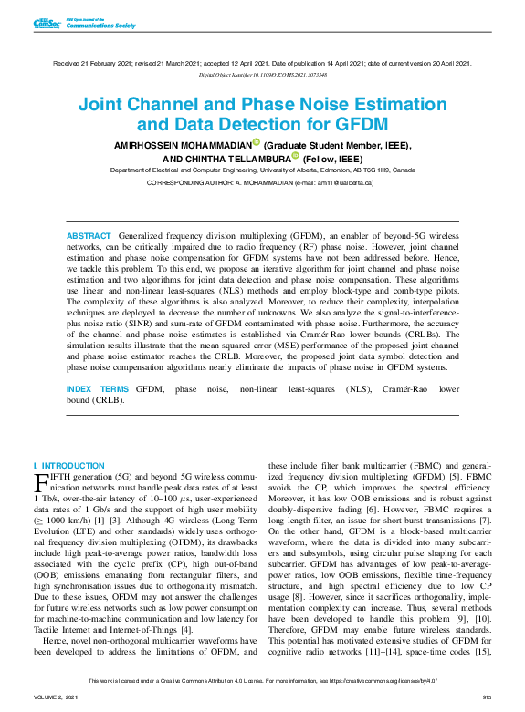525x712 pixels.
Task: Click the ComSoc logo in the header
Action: [45, 24]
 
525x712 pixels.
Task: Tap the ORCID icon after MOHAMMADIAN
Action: [257, 143]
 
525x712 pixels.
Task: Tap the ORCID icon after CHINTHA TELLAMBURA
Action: [295, 156]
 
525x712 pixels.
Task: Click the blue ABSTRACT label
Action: [89, 236]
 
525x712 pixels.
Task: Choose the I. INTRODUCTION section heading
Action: [68, 466]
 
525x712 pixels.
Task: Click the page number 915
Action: [487, 697]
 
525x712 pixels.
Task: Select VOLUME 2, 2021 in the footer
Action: [56, 697]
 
